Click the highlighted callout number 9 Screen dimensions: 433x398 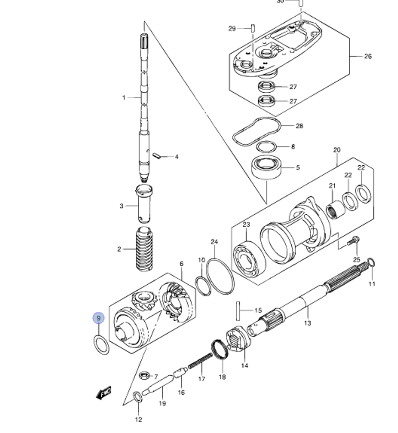pos(98,318)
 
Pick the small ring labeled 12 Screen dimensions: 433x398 pos(138,396)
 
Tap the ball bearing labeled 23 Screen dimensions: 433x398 pos(248,260)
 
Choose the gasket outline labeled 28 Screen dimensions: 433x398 pos(257,131)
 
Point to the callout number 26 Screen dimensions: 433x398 pos(368,56)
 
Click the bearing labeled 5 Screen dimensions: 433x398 pos(266,169)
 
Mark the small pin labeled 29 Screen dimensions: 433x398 pos(252,28)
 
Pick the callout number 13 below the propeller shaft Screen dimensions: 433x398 pos(307,323)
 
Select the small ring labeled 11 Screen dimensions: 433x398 pos(371,262)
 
